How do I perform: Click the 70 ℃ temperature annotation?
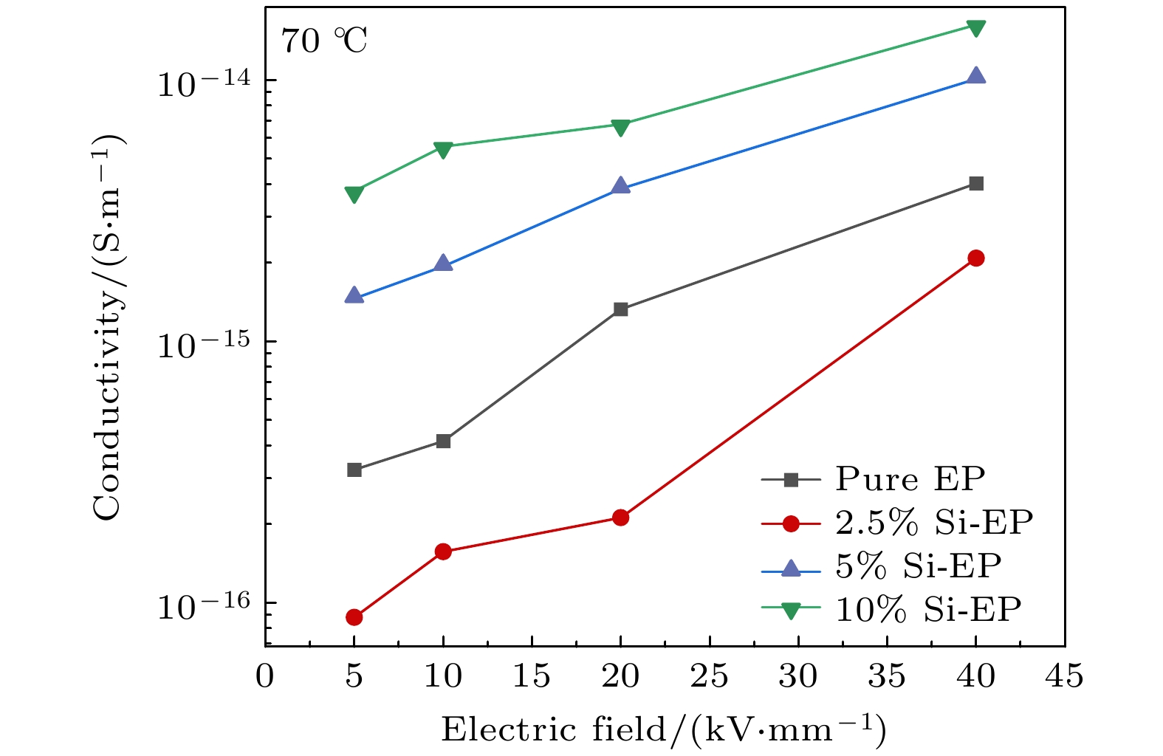[323, 41]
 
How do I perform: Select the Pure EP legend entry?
[910, 479]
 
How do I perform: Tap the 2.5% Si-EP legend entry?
[933, 523]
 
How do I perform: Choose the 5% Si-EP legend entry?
[918, 566]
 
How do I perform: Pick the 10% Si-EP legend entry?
[928, 610]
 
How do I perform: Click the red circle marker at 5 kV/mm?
[354, 617]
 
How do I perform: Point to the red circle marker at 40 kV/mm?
[976, 258]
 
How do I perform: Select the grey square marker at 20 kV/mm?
[621, 309]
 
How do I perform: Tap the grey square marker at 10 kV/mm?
[443, 441]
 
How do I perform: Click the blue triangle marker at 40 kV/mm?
[976, 76]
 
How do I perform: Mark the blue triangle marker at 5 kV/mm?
[354, 296]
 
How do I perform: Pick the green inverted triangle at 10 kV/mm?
[443, 150]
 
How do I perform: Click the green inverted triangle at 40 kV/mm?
[976, 28]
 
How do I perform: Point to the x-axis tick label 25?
[710, 676]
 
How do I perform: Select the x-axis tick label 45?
[1065, 676]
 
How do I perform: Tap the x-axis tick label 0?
[265, 676]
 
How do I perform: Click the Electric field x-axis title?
[664, 729]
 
